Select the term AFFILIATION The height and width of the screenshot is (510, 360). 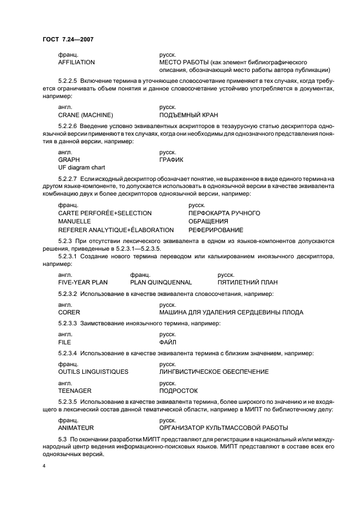click(76, 63)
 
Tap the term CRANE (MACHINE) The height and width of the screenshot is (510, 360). click(85, 115)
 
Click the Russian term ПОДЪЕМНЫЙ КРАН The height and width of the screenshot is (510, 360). click(189, 115)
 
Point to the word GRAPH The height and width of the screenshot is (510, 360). click(69, 160)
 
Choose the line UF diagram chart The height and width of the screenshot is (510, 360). click(81, 167)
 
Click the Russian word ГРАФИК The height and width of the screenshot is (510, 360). click(171, 160)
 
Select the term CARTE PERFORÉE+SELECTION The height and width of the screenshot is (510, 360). click(105, 212)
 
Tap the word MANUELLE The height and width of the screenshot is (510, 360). click(75, 221)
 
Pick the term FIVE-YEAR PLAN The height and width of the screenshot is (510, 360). click(83, 282)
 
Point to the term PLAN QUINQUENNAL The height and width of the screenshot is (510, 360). click(161, 282)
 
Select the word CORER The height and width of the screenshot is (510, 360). click(69, 312)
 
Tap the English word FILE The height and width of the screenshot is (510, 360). click(65, 342)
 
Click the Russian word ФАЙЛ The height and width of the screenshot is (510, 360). click(168, 342)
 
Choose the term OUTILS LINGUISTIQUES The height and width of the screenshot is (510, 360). click(93, 371)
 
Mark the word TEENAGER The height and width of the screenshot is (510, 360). click(75, 391)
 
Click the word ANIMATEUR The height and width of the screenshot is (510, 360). click(76, 427)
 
